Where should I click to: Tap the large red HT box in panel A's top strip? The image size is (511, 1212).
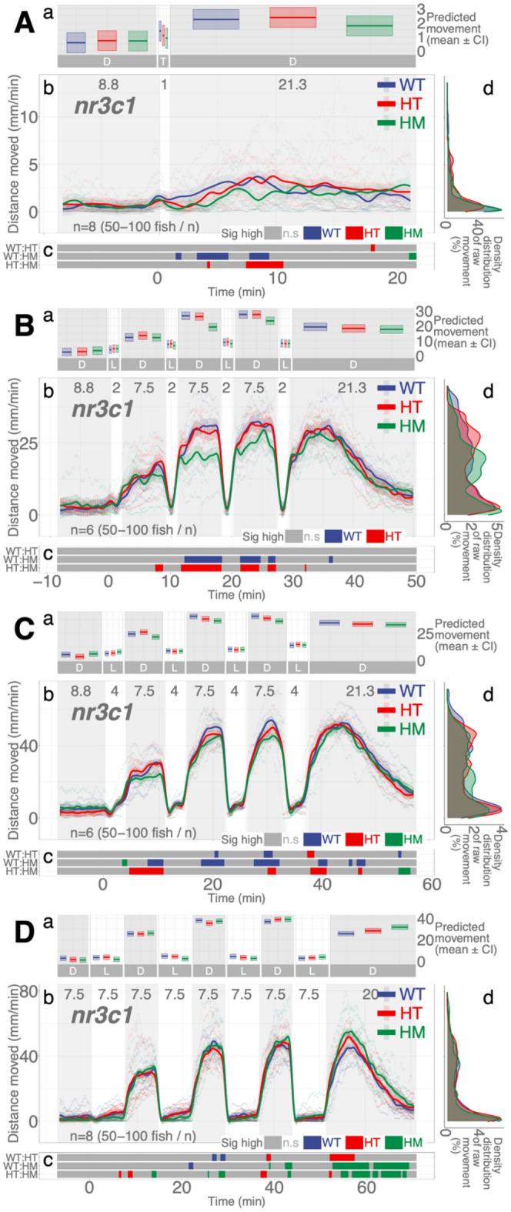(x=293, y=18)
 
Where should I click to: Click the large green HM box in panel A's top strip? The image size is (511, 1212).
(x=369, y=25)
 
